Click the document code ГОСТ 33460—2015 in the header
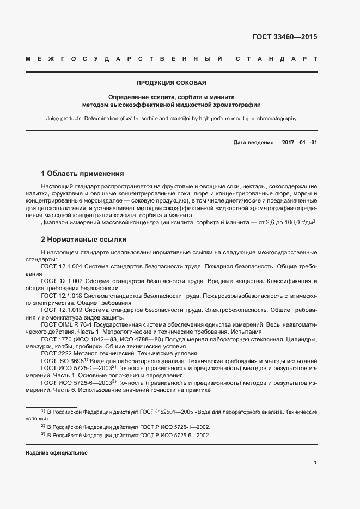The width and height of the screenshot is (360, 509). click(x=284, y=38)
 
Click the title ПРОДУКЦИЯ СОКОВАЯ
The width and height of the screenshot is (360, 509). click(x=171, y=83)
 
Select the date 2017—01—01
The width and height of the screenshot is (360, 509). click(x=299, y=142)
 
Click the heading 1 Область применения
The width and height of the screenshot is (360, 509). click(x=82, y=174)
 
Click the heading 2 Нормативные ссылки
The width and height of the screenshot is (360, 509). click(x=83, y=239)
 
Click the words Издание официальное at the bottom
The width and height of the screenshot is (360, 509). click(x=56, y=453)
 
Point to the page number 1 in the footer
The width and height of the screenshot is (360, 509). click(x=315, y=462)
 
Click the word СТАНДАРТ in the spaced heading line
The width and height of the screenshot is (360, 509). click(x=276, y=59)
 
